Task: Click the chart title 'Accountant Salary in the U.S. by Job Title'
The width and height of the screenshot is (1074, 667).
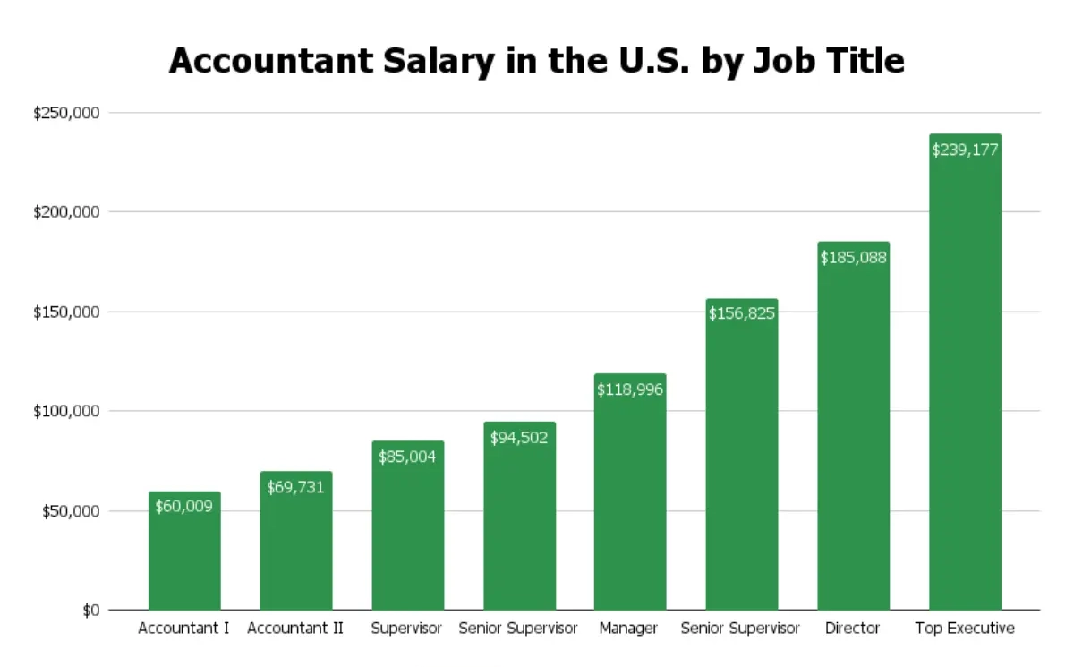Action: pyautogui.click(x=536, y=61)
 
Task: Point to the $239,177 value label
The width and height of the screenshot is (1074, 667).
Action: pyautogui.click(x=965, y=150)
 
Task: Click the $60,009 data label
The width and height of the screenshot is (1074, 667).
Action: pyautogui.click(x=184, y=506)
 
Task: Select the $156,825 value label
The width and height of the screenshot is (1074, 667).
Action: pyautogui.click(x=742, y=313)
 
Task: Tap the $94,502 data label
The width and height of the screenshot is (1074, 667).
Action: pyautogui.click(x=519, y=437)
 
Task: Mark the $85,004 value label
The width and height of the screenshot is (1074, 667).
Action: pyautogui.click(x=407, y=456)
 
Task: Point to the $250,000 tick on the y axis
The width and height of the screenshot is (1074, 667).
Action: pyautogui.click(x=66, y=114)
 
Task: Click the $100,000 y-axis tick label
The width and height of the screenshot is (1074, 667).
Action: pyautogui.click(x=66, y=412)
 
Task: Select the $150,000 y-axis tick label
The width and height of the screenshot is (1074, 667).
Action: pyautogui.click(x=66, y=312)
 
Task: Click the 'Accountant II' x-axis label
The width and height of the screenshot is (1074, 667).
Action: pyautogui.click(x=295, y=629)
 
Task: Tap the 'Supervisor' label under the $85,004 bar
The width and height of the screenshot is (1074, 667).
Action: pyautogui.click(x=407, y=629)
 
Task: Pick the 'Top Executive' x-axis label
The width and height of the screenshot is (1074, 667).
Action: pyautogui.click(x=965, y=629)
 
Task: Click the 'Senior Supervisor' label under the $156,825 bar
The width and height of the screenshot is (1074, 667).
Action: pyautogui.click(x=740, y=629)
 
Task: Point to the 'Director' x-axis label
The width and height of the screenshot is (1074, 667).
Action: pyautogui.click(x=853, y=629)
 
